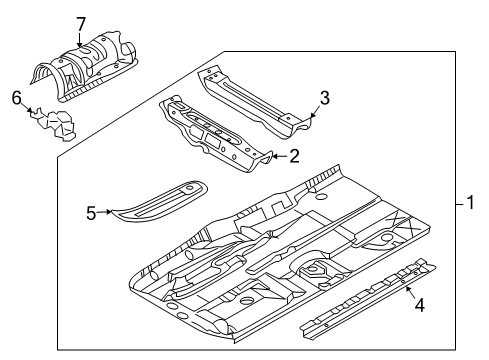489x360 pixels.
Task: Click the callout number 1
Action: (471, 203)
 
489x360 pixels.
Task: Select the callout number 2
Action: (294, 155)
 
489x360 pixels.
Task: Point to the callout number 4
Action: (420, 305)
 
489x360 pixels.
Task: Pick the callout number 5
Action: (90, 212)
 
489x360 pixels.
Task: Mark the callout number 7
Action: (81, 22)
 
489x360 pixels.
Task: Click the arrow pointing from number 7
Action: (81, 38)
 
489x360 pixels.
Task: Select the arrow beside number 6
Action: (27, 108)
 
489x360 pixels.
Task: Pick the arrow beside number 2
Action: (277, 155)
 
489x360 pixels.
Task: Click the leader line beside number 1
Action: (458, 203)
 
